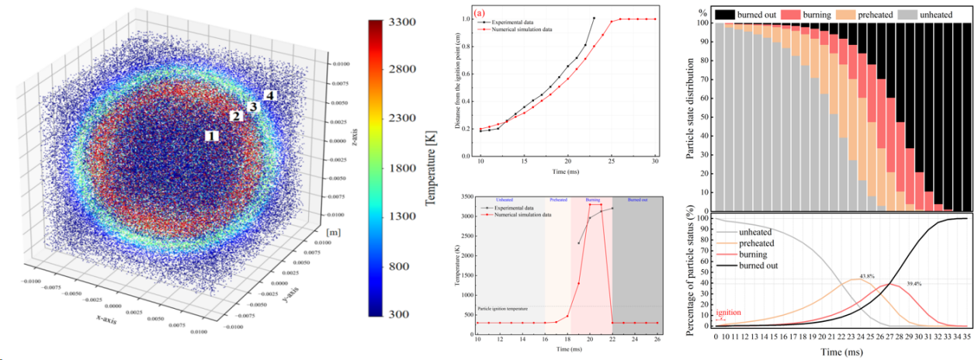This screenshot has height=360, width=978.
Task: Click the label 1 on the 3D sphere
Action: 212,135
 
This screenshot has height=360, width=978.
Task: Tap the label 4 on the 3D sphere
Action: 269,95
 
